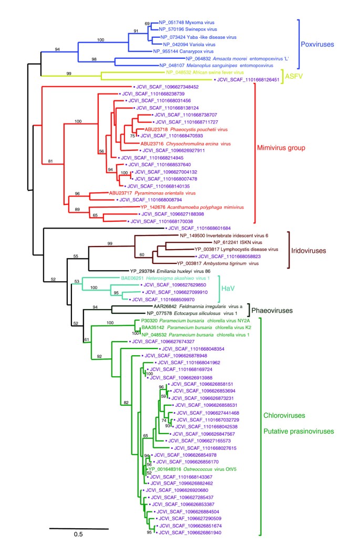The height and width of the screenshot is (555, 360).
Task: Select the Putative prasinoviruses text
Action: pos(299,432)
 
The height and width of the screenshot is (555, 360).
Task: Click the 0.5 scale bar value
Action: pos(78,535)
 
